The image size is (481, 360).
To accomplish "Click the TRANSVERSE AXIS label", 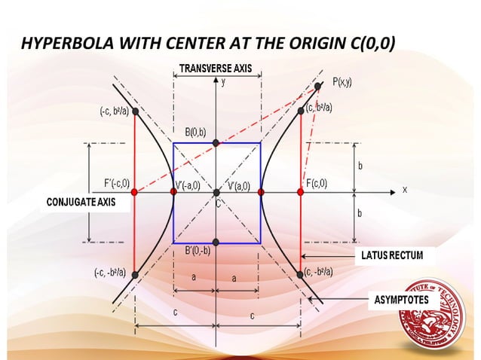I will pos(216,69).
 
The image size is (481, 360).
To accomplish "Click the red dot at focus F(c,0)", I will pos(300,192).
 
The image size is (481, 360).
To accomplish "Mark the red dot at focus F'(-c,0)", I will pos(134,192).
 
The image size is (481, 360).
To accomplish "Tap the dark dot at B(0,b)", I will pos(216,142).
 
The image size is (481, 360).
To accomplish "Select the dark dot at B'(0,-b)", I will pos(216,242).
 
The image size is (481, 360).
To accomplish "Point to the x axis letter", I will pos(404,189).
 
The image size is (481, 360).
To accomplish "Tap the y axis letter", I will pos(223,82).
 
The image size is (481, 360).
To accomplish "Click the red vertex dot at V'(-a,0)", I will pos(174,192).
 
